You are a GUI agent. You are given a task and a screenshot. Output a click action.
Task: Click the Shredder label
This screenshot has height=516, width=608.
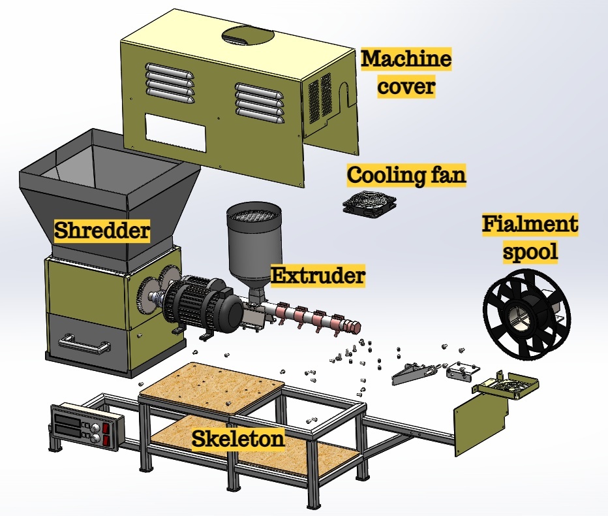101,231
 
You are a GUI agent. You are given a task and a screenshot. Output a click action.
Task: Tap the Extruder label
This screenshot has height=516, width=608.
318,276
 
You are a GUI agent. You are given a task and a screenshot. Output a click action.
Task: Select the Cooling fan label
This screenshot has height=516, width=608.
406,175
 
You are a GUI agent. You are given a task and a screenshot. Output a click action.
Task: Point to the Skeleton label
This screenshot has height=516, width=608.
238,438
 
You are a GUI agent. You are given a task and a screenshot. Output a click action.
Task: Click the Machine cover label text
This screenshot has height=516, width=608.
406,73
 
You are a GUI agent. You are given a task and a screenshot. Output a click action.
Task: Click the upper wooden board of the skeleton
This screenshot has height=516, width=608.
213,389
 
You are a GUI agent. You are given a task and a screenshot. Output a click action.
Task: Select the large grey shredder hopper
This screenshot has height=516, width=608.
108,189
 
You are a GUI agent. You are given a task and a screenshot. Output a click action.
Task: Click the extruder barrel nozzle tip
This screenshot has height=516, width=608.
356,326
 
